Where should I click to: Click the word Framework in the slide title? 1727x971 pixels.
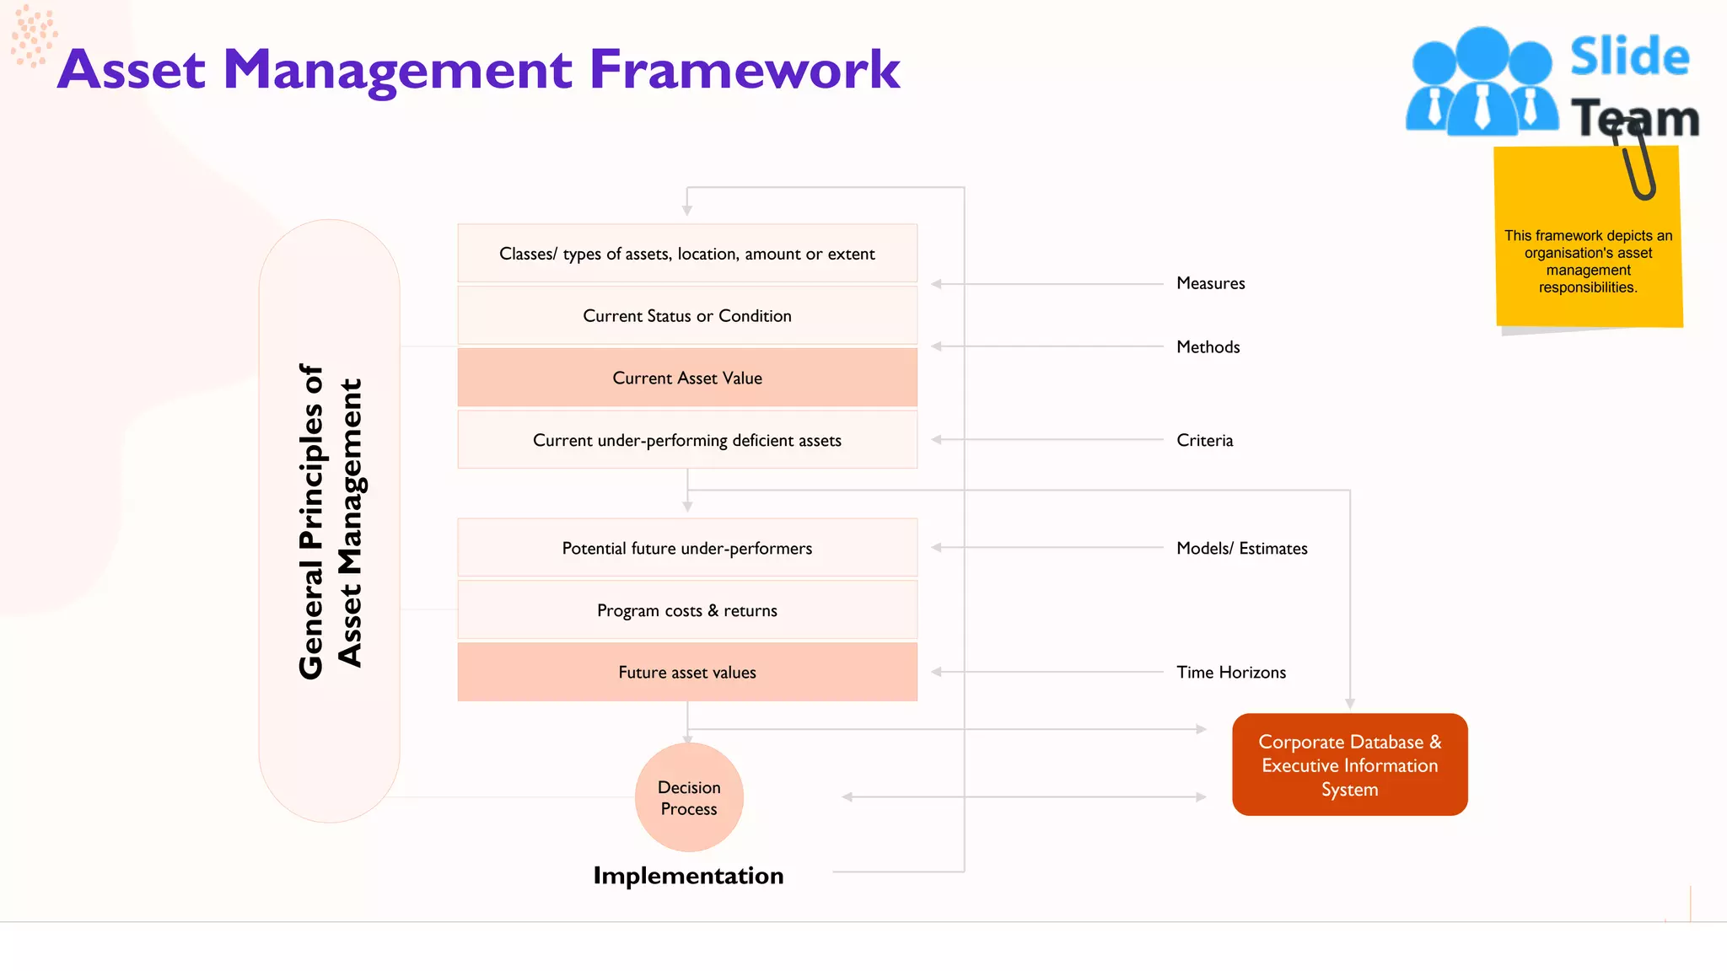(744, 70)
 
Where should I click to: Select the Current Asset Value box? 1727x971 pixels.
(687, 378)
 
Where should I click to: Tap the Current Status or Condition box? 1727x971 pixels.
(687, 316)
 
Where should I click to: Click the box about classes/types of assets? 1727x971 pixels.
(687, 254)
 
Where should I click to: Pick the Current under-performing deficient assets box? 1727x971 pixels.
(687, 440)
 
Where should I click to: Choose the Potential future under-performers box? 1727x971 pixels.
(687, 548)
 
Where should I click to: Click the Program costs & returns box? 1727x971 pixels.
(687, 610)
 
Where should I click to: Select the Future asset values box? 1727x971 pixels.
(687, 672)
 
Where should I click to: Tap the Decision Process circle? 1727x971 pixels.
(689, 797)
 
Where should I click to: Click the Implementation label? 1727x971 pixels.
(688, 876)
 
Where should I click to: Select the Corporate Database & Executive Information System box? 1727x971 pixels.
(1349, 764)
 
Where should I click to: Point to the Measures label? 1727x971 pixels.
(1210, 283)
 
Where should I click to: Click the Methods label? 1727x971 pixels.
(1208, 346)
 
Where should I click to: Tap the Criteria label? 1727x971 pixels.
(1204, 440)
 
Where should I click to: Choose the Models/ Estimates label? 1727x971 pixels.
(1241, 548)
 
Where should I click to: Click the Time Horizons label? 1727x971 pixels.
(1230, 672)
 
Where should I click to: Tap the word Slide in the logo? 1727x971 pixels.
(1629, 57)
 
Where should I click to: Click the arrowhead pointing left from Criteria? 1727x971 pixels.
(936, 439)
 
